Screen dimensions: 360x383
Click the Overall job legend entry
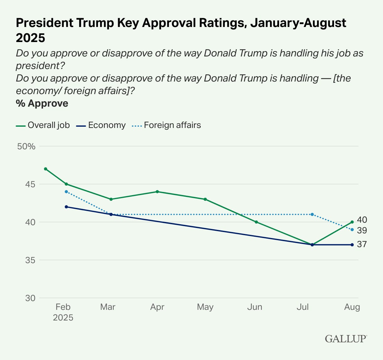(x=43, y=125)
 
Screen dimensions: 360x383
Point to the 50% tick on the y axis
(x=27, y=146)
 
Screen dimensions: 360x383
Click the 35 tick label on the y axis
(x=30, y=260)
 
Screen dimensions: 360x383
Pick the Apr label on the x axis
(x=157, y=307)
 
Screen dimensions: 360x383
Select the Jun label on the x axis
(x=254, y=307)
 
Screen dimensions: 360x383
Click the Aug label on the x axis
(x=352, y=307)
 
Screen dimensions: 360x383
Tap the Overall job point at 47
(x=46, y=169)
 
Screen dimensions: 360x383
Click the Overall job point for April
(x=157, y=192)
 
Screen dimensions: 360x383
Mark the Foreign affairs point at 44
(x=66, y=192)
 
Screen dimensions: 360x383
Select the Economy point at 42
(x=66, y=207)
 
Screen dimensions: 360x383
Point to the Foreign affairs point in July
(x=312, y=214)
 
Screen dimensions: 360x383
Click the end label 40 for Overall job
(x=362, y=220)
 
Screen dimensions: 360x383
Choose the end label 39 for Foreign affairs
(x=362, y=230)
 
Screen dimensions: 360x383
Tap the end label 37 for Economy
(x=362, y=244)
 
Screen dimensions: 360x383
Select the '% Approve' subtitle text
(x=42, y=103)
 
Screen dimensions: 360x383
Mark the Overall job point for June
(x=256, y=222)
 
